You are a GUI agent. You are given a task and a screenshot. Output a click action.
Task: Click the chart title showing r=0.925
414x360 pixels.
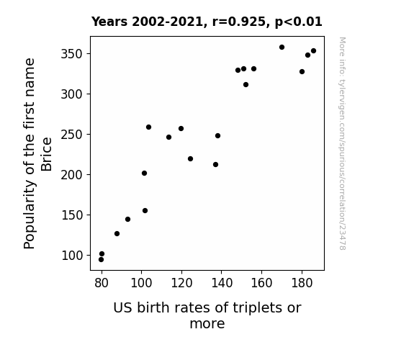tap(207, 22)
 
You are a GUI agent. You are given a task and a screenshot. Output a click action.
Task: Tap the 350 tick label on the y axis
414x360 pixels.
tap(72, 54)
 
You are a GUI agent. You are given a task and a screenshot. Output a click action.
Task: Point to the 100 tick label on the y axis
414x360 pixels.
tap(72, 256)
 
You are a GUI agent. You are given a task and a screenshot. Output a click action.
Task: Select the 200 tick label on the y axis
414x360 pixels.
tap(72, 175)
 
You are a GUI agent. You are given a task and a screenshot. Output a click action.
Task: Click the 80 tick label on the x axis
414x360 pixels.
tap(102, 283)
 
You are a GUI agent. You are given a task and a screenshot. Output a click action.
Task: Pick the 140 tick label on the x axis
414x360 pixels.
tap(222, 283)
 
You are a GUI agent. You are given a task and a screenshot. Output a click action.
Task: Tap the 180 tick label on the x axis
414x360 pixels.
tap(302, 283)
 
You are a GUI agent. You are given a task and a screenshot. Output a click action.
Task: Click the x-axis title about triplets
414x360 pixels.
tap(207, 315)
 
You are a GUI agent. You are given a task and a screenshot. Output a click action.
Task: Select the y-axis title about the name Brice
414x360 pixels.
tap(37, 153)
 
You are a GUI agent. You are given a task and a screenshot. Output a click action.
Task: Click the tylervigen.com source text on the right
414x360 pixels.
tap(342, 143)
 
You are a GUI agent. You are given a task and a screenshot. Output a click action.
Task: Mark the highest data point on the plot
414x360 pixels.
tap(282, 48)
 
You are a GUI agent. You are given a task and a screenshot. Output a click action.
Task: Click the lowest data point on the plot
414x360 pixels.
tap(101, 260)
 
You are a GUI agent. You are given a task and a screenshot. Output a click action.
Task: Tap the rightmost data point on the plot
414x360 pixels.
tap(313, 51)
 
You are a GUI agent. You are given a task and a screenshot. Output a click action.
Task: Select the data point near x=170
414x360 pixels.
tap(282, 48)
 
